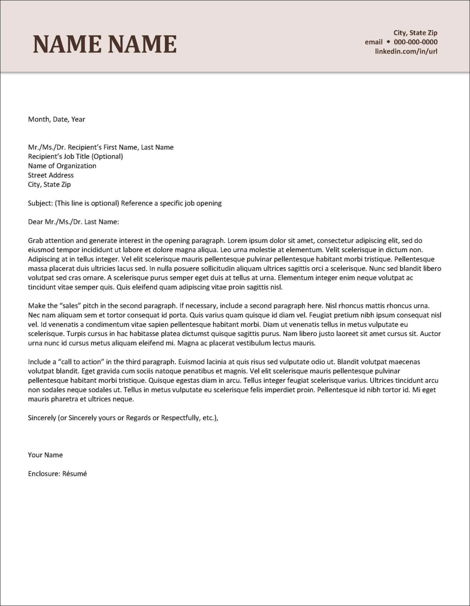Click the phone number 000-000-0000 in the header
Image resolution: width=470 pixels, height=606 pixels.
coord(416,42)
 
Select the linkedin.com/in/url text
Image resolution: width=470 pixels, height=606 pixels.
coord(406,51)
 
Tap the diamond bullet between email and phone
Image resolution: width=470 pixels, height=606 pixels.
coord(388,42)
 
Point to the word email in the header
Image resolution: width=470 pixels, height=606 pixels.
coord(374,42)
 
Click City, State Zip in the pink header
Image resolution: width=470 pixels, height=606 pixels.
coord(415,33)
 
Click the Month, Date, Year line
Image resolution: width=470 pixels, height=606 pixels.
coord(56,119)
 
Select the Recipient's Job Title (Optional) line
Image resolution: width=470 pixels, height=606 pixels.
coord(75,156)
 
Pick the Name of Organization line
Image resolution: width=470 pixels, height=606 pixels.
coord(62,166)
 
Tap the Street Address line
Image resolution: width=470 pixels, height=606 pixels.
coord(51,175)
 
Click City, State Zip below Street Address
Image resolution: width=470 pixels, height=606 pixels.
coord(49,185)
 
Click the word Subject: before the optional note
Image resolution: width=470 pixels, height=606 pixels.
coord(40,203)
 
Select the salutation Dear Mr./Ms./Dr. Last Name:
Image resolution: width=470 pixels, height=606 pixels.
coord(73,222)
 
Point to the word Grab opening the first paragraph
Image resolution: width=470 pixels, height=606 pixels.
coord(35,241)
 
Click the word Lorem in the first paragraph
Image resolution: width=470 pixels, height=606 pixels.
coord(237,241)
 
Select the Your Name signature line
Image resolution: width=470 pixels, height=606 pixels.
coord(45,455)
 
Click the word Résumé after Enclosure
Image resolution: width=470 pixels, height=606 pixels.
coord(74,474)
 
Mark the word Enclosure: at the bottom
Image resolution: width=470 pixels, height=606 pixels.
coord(44,474)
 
